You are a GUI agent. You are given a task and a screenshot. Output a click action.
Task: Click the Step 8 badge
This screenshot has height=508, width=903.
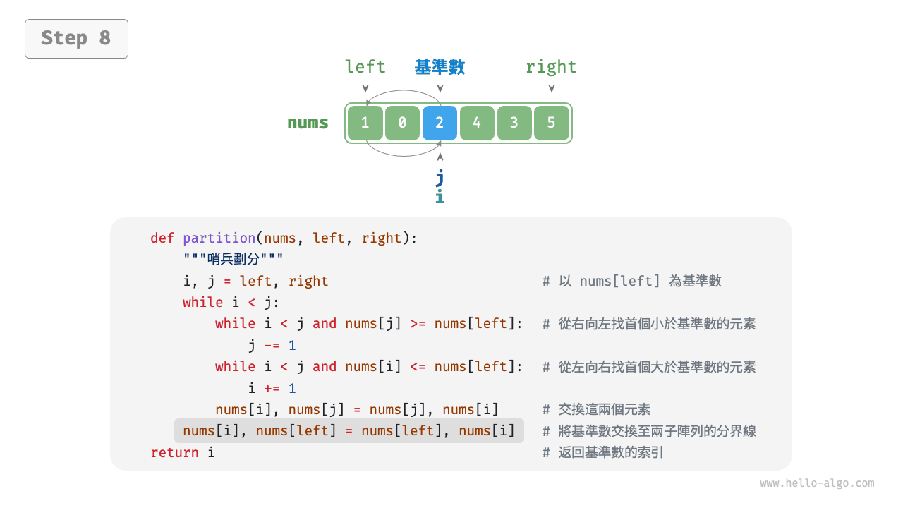76,38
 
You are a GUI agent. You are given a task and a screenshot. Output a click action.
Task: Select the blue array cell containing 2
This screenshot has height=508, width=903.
440,123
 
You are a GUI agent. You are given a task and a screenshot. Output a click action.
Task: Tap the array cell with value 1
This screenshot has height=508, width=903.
365,123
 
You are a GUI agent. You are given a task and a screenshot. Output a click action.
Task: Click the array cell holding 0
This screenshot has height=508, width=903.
402,123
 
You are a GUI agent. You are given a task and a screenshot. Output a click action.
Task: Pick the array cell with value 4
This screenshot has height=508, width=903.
477,123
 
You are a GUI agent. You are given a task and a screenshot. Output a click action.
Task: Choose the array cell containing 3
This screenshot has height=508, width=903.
514,123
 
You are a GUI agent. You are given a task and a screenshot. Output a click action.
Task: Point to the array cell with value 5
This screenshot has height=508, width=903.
552,123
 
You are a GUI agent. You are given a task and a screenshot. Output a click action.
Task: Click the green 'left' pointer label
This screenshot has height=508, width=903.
365,67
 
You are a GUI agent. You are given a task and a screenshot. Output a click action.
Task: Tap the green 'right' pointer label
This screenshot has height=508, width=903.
551,67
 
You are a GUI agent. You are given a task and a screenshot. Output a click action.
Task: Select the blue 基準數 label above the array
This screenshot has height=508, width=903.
440,67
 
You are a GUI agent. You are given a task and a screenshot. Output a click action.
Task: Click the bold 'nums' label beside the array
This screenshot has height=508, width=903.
308,123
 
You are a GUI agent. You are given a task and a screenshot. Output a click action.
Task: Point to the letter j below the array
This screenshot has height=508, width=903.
440,178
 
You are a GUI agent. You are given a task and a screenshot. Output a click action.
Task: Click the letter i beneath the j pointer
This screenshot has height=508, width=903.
440,197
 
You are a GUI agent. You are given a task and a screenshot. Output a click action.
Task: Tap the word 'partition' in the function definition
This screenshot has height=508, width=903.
219,238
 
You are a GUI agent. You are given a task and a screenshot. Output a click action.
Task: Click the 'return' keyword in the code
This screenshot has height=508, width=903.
175,453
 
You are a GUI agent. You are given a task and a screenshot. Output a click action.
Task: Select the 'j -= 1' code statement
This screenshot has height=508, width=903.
272,346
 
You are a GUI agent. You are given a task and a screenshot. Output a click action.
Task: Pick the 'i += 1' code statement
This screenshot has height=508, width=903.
272,389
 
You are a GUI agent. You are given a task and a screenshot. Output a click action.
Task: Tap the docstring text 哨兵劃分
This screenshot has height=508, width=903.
234,260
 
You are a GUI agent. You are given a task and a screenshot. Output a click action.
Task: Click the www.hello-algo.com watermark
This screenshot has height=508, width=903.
817,484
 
